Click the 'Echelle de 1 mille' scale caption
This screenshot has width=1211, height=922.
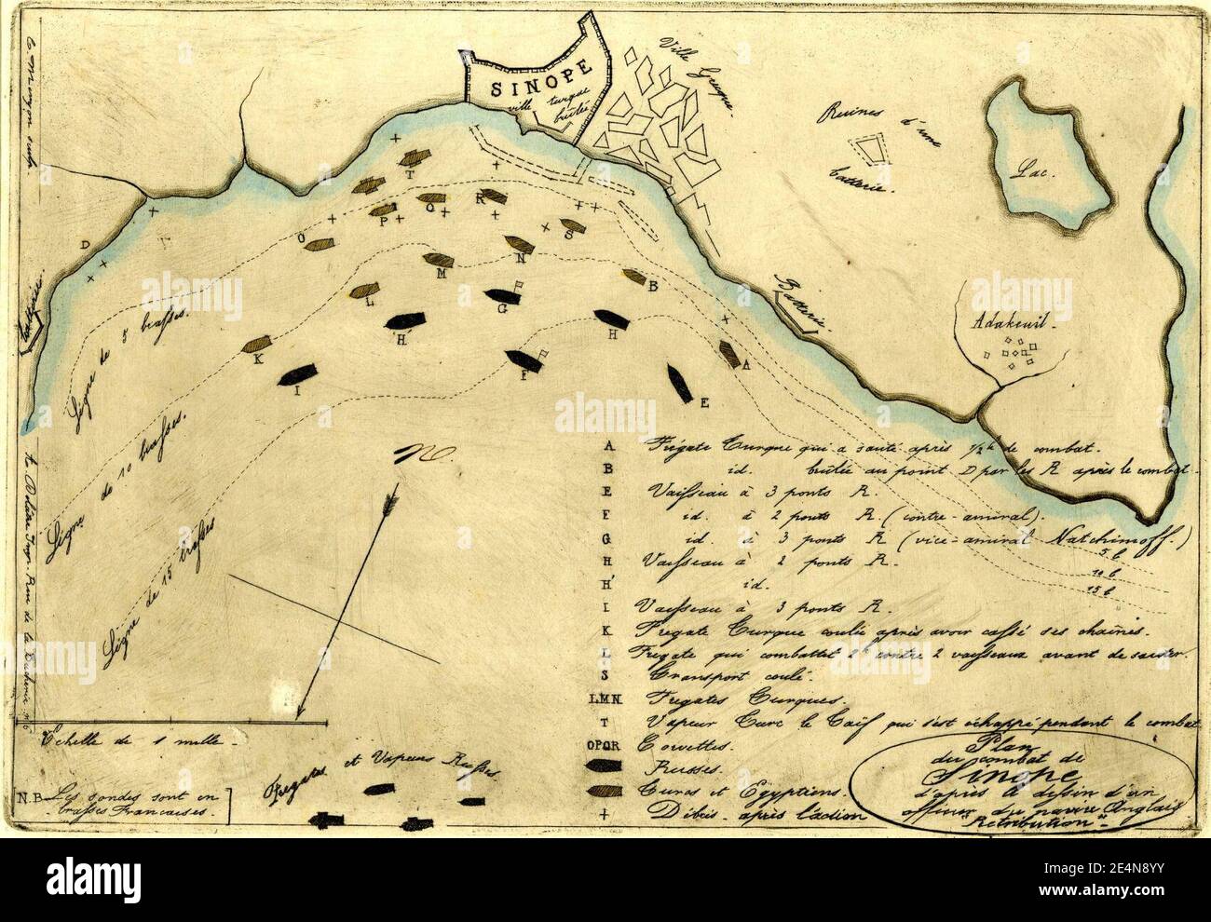(x=130, y=742)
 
